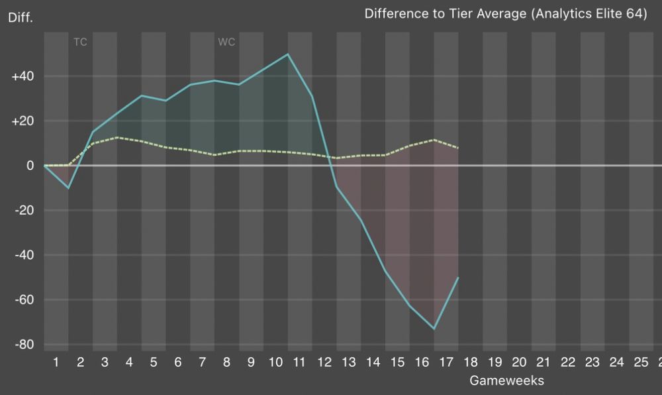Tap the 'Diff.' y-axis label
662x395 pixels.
tap(20, 17)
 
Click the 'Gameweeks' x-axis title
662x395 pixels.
tap(506, 380)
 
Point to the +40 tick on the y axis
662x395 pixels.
tap(23, 76)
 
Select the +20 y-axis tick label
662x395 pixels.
tap(23, 121)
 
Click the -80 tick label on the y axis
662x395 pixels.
tap(23, 345)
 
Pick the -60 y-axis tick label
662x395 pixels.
tap(23, 300)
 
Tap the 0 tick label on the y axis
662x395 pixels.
tap(30, 166)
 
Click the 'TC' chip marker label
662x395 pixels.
tap(80, 42)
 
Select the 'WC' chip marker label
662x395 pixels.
tap(226, 42)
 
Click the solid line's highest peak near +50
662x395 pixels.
tap(288, 54)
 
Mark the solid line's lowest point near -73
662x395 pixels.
tap(434, 329)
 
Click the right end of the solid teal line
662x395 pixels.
tap(458, 278)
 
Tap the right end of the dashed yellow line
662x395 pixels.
tap(458, 148)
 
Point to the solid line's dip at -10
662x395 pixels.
tap(68, 188)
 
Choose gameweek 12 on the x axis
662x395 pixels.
tap(324, 362)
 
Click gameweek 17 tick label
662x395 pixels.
tap(446, 362)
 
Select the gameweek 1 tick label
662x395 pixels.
tap(56, 362)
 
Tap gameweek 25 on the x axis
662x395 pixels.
tap(641, 362)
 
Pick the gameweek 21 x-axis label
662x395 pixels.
tap(544, 362)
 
